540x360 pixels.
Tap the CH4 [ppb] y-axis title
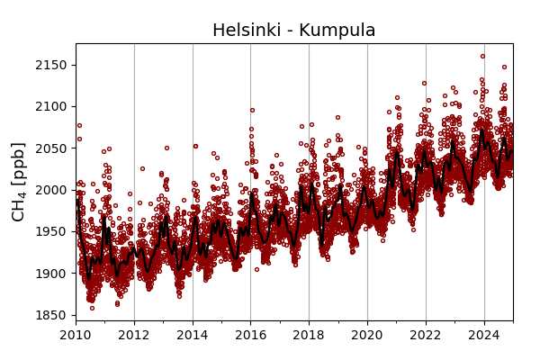[x=19, y=181]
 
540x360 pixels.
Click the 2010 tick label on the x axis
[x=76, y=336]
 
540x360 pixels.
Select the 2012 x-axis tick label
[x=134, y=336]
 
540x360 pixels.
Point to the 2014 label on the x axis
[x=193, y=336]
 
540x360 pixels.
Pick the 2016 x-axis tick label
[x=250, y=336]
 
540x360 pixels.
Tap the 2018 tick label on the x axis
[x=309, y=336]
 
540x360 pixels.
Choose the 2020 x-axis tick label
[x=367, y=336]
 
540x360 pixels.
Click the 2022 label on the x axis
[x=426, y=336]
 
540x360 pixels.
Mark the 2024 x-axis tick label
[x=484, y=336]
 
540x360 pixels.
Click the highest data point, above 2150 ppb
[x=482, y=56]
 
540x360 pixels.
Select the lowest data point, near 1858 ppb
[x=92, y=308]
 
